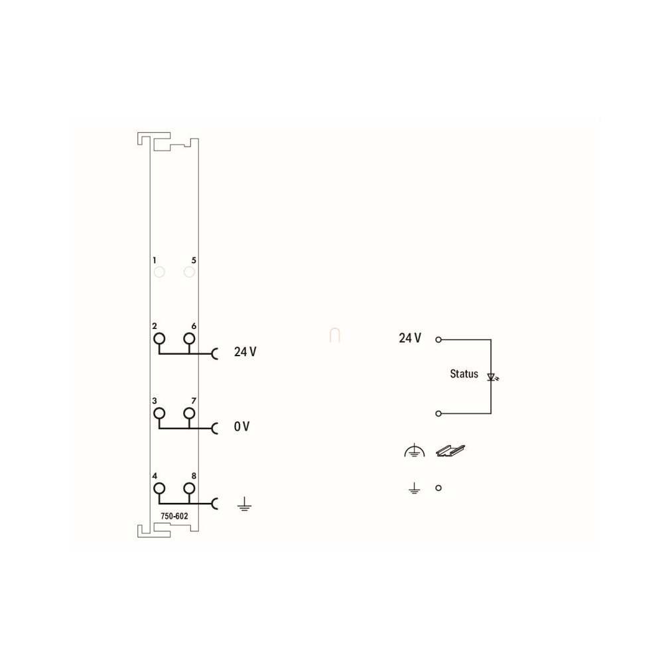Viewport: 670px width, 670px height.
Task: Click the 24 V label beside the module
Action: click(245, 352)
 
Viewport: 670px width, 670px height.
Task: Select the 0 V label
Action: click(241, 427)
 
